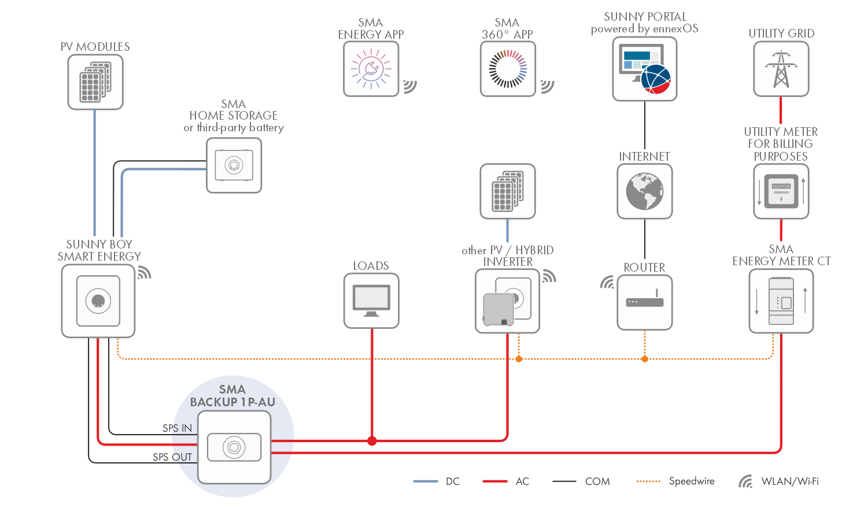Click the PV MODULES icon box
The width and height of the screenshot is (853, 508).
pos(95,82)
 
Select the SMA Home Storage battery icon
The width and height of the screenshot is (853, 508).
pos(234,165)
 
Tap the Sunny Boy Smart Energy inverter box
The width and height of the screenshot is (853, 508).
pos(98,301)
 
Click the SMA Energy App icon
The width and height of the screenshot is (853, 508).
pos(371,69)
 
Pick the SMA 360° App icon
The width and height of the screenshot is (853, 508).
pos(508,69)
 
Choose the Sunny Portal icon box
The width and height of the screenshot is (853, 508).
pos(645,69)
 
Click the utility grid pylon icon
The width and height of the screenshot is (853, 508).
pos(781,69)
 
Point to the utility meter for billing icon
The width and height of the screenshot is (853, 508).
pos(781,191)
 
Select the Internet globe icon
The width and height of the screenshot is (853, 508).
pos(645,191)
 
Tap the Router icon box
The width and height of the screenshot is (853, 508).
pos(645,302)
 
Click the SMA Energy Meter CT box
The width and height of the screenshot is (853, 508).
pos(781,301)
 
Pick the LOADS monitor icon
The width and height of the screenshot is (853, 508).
pos(371,301)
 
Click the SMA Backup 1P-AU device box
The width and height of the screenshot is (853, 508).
pos(234,447)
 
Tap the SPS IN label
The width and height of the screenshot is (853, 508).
pos(177,428)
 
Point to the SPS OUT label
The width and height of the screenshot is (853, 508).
pos(172,457)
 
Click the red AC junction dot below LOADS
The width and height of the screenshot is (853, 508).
pos(372,441)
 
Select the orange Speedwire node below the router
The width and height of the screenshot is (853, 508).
pos(645,359)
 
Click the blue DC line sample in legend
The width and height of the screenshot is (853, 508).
pos(426,481)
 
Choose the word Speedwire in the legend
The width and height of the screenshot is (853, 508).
pos(692,481)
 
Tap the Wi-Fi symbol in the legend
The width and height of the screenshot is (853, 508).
pos(745,481)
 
